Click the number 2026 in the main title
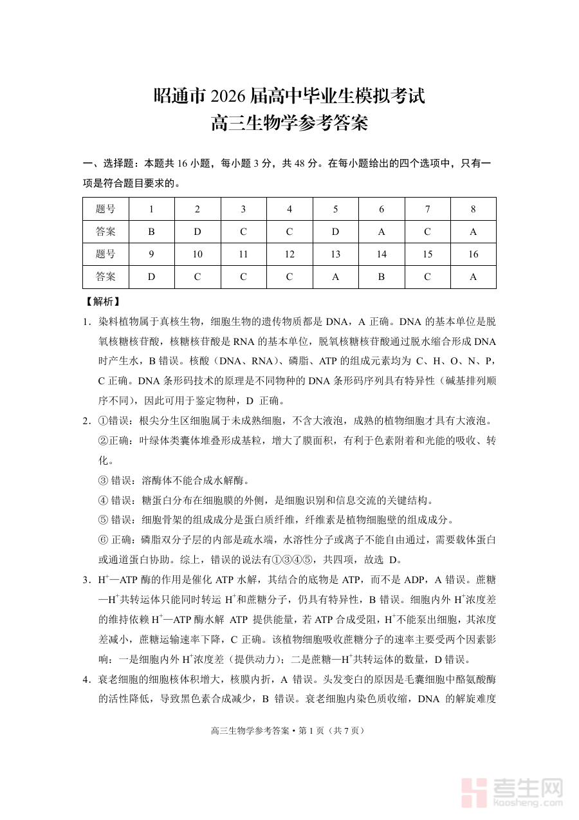[x=225, y=97]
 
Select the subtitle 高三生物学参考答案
[x=289, y=122]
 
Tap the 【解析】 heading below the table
[x=102, y=301]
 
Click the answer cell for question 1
[x=151, y=232]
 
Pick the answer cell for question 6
[x=381, y=232]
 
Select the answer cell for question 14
[x=381, y=277]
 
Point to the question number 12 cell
[x=289, y=254]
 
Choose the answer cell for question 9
[x=151, y=277]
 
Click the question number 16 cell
[x=473, y=254]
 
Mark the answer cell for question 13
[x=335, y=277]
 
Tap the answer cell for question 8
[x=473, y=232]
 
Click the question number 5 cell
[x=335, y=209]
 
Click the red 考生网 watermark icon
[x=476, y=792]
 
